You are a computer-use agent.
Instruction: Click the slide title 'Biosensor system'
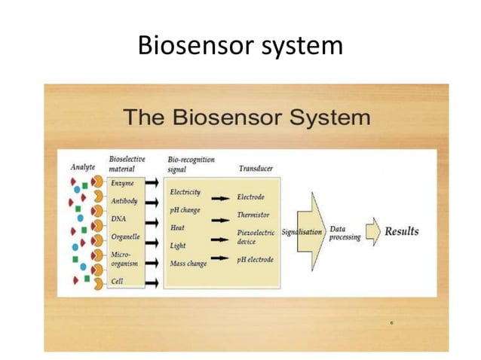click(x=240, y=47)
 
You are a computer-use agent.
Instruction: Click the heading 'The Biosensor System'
click(x=247, y=117)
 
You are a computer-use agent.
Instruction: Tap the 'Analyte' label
click(x=83, y=167)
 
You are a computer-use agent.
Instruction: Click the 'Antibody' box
click(x=125, y=201)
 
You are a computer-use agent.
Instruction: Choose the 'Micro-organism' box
click(x=126, y=259)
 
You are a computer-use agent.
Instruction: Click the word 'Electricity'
click(x=185, y=193)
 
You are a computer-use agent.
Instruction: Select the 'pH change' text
click(x=185, y=209)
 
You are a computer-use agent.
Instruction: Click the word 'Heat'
click(x=178, y=227)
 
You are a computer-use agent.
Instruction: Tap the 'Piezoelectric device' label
click(x=257, y=237)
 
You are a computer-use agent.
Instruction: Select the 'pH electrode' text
click(x=256, y=260)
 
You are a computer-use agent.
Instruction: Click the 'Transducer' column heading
click(x=256, y=169)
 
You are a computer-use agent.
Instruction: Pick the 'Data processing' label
click(x=345, y=233)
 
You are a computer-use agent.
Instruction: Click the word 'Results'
click(x=402, y=231)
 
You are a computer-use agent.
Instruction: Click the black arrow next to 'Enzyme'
click(x=152, y=184)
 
